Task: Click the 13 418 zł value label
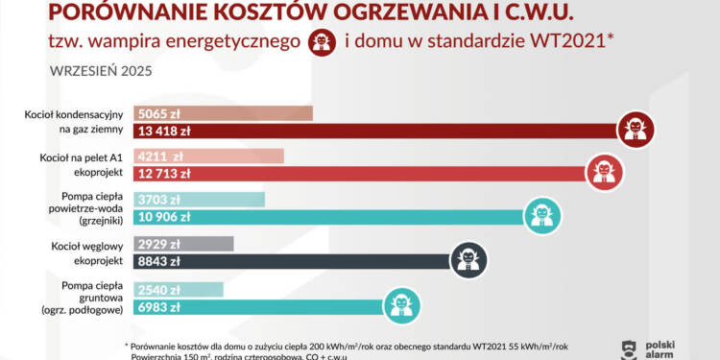(165, 132)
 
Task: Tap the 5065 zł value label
(156, 114)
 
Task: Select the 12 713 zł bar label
(164, 175)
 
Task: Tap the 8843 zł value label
(159, 261)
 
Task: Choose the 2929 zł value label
(156, 244)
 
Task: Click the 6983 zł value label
(159, 305)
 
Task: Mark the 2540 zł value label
(156, 288)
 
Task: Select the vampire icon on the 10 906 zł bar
(540, 214)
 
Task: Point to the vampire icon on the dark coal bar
(468, 258)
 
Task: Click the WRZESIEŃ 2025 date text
(99, 71)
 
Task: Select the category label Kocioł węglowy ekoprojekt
(94, 253)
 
